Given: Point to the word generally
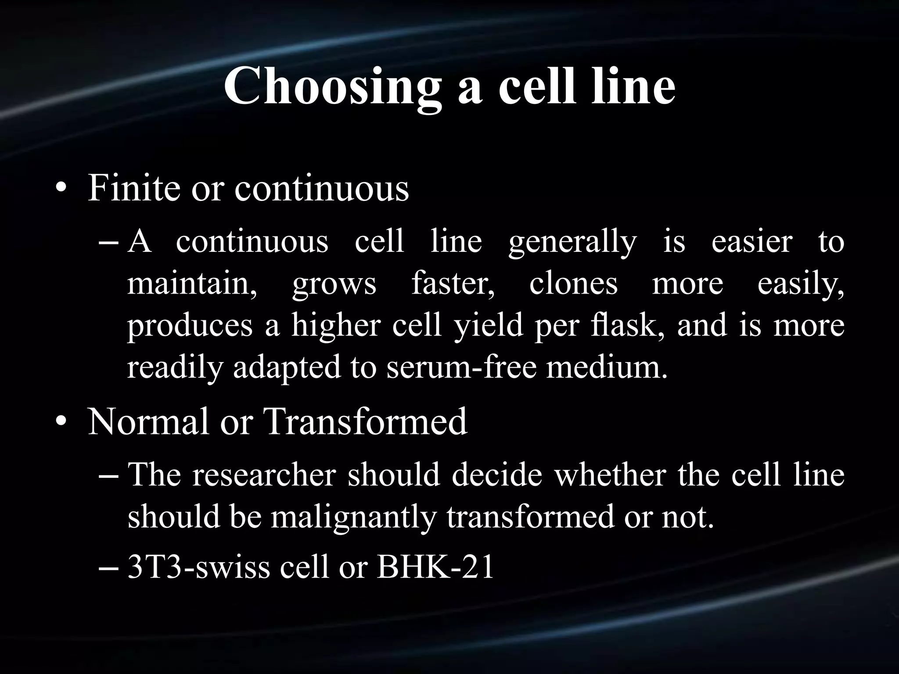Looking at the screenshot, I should click(x=572, y=243).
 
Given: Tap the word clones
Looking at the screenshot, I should click(x=573, y=283).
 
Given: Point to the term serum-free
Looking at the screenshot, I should click(x=461, y=367).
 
